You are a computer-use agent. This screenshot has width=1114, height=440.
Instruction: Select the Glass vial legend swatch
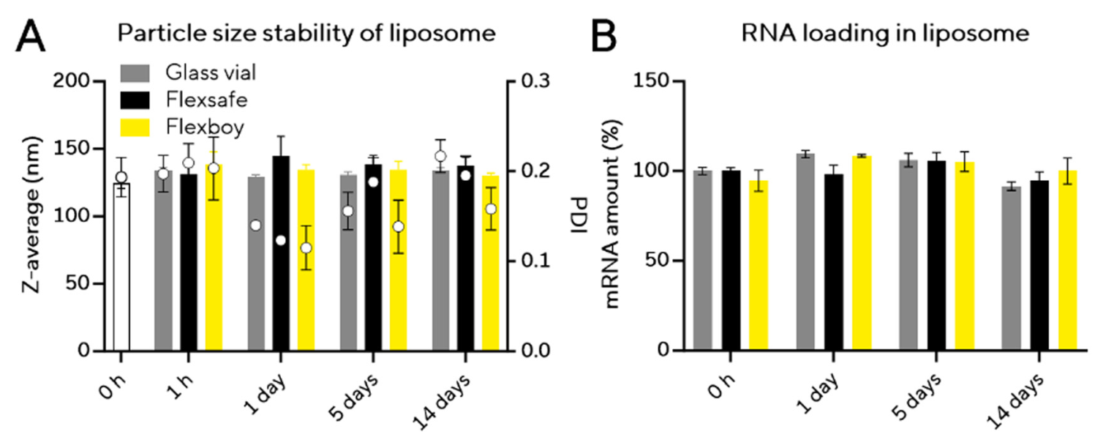pos(135,72)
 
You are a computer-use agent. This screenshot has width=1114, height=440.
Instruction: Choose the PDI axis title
pos(577,215)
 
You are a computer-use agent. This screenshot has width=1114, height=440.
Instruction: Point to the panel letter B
pos(603,35)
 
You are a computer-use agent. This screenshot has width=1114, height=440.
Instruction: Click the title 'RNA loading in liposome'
pos(864,34)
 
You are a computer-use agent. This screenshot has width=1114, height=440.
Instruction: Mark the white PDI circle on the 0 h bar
pos(121,177)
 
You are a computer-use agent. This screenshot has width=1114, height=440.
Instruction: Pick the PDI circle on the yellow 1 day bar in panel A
pos(306,247)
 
